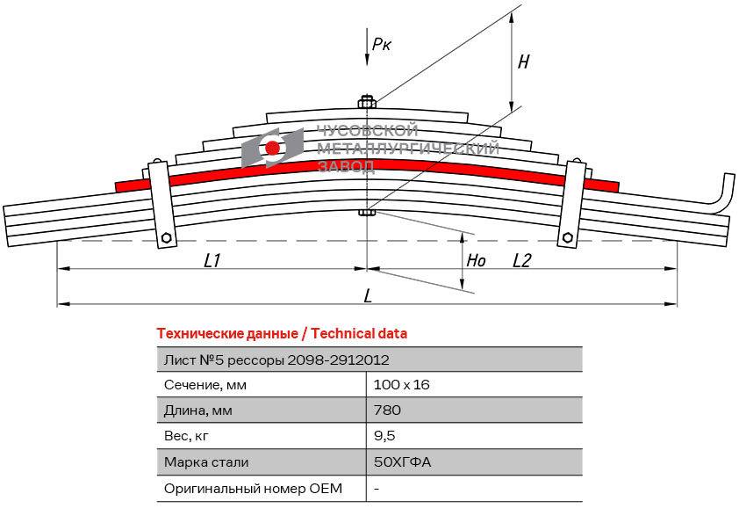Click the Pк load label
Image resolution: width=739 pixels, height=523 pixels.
click(381, 44)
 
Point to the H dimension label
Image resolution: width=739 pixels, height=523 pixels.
click(524, 62)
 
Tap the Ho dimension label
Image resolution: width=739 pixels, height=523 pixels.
click(476, 260)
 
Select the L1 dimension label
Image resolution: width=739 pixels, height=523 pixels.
click(212, 260)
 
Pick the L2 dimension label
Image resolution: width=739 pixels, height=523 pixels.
click(521, 260)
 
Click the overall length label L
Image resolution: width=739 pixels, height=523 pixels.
click(368, 296)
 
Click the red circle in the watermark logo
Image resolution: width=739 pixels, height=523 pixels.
click(272, 148)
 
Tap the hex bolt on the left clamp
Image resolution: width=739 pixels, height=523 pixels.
click(166, 237)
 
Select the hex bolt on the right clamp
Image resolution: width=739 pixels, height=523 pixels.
click(568, 237)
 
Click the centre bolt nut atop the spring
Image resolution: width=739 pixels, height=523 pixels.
click(367, 102)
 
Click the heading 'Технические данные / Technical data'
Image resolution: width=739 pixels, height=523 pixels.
click(282, 334)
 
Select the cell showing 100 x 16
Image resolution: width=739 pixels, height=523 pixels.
click(402, 385)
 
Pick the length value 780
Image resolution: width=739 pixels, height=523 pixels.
click(387, 410)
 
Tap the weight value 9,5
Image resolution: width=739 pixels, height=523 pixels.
click(384, 436)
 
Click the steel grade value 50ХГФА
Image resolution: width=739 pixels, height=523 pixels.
click(402, 461)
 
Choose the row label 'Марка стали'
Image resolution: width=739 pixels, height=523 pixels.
click(206, 462)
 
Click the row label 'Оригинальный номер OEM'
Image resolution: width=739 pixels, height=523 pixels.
click(253, 488)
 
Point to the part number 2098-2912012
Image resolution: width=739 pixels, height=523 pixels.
click(339, 360)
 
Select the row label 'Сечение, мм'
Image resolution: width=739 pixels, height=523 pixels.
click(205, 385)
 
